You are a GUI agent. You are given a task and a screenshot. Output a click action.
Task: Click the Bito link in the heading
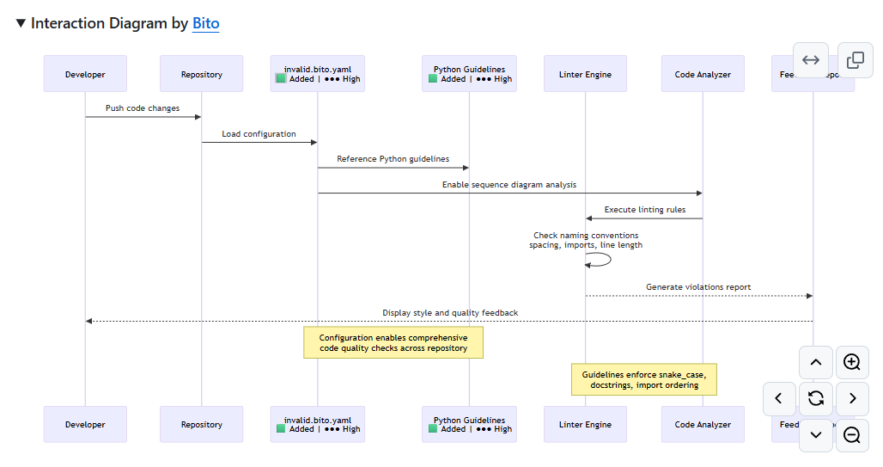click(x=205, y=23)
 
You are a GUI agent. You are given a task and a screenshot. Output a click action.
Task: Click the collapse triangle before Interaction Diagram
click(x=21, y=23)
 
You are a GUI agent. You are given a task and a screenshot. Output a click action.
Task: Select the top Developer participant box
click(x=85, y=74)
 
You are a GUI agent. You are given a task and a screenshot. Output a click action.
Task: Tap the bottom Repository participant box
click(x=201, y=424)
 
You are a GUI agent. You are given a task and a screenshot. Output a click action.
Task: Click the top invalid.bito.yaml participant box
click(x=317, y=74)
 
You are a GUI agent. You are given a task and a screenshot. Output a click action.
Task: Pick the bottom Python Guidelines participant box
click(x=469, y=424)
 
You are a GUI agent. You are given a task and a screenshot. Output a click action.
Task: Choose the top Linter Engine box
click(x=585, y=74)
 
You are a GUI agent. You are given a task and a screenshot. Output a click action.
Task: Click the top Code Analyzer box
click(x=702, y=74)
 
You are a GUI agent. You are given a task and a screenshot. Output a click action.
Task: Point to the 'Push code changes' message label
click(x=143, y=108)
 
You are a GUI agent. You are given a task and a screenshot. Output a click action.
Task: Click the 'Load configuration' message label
click(x=259, y=134)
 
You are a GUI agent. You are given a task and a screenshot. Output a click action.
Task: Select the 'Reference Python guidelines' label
click(x=393, y=159)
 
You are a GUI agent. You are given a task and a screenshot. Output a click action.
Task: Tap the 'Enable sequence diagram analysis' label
click(x=508, y=185)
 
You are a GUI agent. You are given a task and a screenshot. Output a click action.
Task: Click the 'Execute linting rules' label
click(x=644, y=210)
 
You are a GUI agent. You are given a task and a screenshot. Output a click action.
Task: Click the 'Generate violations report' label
click(x=698, y=287)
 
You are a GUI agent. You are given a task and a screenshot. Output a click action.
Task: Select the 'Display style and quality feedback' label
click(x=449, y=313)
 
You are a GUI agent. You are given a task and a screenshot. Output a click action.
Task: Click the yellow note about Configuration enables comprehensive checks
click(x=393, y=343)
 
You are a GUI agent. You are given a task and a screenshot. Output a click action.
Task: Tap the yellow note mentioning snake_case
click(x=643, y=379)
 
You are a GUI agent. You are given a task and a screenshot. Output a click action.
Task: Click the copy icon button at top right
click(x=855, y=60)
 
